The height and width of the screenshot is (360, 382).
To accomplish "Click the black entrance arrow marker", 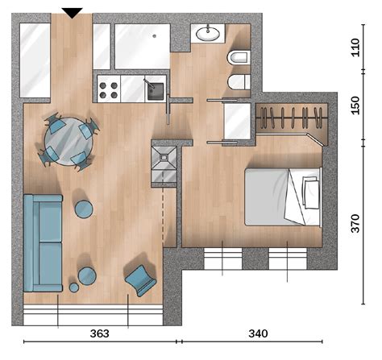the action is [x=72, y=13].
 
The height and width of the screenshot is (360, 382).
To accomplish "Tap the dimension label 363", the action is [x=100, y=333].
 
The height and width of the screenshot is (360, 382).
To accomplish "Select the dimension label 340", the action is [x=258, y=333].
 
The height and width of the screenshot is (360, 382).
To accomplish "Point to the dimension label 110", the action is [x=355, y=48].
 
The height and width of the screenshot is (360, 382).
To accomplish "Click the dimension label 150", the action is [x=355, y=106].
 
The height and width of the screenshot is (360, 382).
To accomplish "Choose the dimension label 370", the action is [x=355, y=223].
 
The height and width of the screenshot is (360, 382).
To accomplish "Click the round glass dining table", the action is [x=69, y=141].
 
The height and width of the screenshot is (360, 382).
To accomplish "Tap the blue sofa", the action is [x=43, y=243].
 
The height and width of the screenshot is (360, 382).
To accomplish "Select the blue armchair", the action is [x=140, y=280].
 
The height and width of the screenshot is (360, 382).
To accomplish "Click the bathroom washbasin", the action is [x=208, y=34].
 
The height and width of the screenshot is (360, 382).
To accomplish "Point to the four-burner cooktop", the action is [x=109, y=90].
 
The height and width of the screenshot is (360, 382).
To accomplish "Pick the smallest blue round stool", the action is [x=74, y=288].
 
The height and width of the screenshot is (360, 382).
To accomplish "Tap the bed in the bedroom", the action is [x=284, y=197].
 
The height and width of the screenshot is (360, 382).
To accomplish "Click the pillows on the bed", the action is [x=310, y=192].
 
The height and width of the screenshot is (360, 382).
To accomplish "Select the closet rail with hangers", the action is [x=293, y=118].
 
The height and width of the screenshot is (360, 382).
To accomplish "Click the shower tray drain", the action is [x=163, y=158].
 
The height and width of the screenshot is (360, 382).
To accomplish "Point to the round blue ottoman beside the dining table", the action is [x=84, y=209].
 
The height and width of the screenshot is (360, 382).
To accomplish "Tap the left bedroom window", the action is [x=223, y=259].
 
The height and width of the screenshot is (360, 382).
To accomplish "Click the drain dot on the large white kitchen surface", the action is [x=154, y=36].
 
